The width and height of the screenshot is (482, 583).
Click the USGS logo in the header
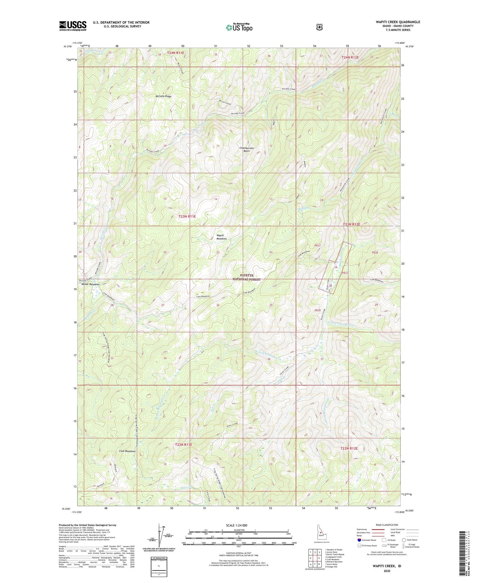(73, 25)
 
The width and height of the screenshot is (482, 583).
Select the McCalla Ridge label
(163, 96)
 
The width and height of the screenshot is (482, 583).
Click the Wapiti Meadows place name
(222, 237)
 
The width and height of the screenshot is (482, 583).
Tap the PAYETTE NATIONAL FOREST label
(246, 277)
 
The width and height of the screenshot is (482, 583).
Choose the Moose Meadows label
(91, 285)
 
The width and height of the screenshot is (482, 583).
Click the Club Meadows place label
(127, 451)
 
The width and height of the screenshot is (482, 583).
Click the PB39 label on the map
(317, 310)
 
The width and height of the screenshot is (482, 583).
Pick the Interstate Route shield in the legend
(359, 540)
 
